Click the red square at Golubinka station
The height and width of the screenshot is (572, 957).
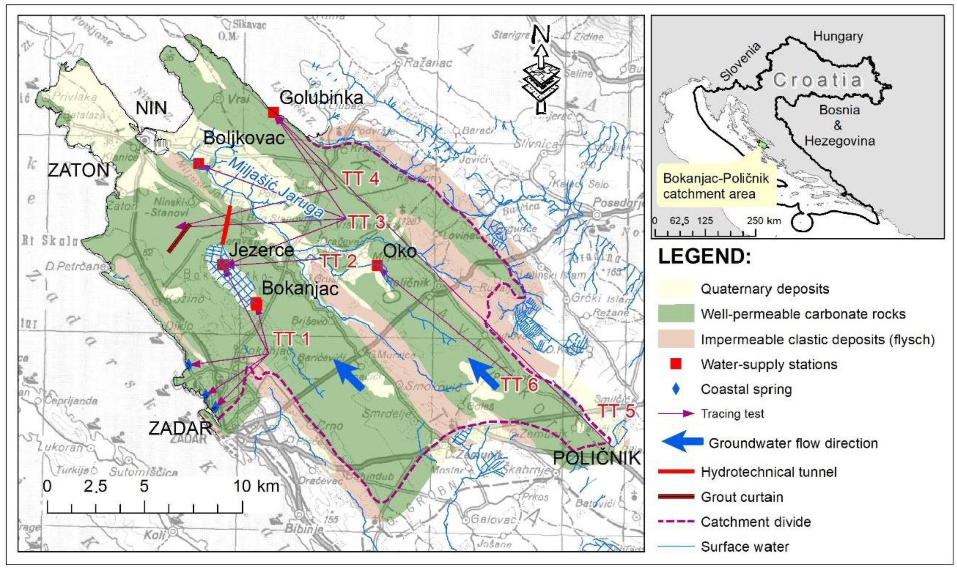click(273, 112)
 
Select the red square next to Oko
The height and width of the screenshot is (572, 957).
click(377, 265)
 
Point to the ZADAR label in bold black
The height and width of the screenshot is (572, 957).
click(180, 428)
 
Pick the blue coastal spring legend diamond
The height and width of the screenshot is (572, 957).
click(676, 389)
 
